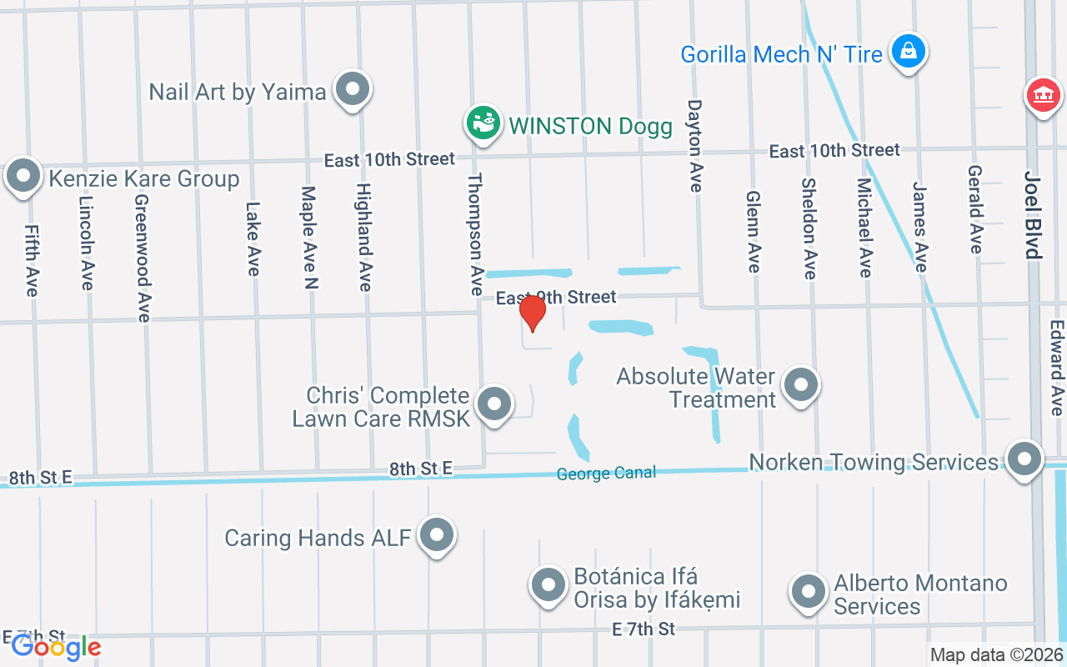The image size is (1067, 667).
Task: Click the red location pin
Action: (x=532, y=313)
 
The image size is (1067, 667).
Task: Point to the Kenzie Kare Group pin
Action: (x=24, y=177)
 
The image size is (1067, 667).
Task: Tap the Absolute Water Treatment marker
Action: (x=802, y=386)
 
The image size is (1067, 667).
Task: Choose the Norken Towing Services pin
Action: (x=1024, y=459)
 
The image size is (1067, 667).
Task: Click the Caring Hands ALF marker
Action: (x=436, y=536)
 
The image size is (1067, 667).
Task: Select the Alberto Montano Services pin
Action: (x=807, y=593)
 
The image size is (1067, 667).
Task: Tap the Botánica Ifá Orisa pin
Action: (x=549, y=585)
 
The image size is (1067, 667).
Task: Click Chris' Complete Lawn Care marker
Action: (x=494, y=405)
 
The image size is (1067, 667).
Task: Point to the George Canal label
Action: (x=606, y=474)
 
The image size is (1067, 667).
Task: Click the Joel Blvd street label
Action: (x=1033, y=215)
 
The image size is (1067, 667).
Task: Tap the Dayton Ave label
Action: (x=694, y=146)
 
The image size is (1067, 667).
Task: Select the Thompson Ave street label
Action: (x=475, y=234)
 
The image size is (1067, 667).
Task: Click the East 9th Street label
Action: (x=556, y=297)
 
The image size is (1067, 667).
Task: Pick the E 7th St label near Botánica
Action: (x=643, y=629)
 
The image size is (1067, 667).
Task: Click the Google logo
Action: (x=56, y=647)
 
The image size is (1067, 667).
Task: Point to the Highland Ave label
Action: (x=363, y=238)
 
